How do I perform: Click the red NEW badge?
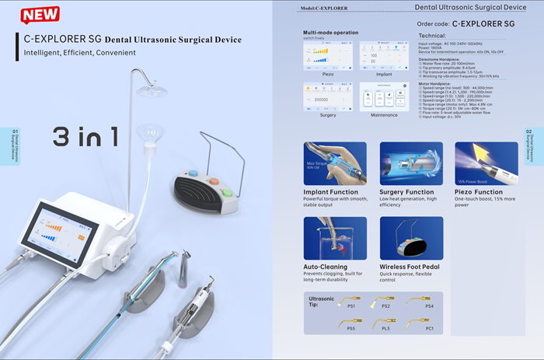point(40,14)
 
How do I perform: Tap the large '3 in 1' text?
point(85,137)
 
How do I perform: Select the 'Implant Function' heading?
point(331,192)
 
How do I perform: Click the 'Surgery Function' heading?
point(406,192)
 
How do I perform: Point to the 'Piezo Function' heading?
point(479,192)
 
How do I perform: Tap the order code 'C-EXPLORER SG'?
point(483,24)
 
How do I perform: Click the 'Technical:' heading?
point(432,37)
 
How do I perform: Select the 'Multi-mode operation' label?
point(330,33)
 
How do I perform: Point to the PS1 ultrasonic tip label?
point(351,306)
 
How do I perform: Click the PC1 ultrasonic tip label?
point(429,328)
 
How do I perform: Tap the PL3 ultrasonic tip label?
point(385,328)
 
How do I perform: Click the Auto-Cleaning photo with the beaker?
point(330,238)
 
